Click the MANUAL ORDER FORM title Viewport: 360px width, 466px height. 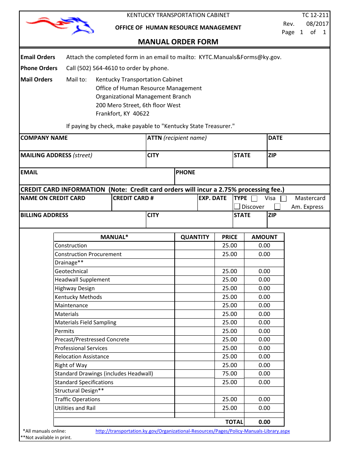point(178,42)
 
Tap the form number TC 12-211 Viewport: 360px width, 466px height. point(315,15)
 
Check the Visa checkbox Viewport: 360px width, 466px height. point(254,198)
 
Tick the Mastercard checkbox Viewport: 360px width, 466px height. point(283,198)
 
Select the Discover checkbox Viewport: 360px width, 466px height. point(237,206)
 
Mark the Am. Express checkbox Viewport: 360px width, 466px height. point(277,206)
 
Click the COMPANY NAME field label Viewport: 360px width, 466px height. point(44,138)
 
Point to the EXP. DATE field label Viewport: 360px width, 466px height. point(213,198)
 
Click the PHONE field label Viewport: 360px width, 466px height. point(185,172)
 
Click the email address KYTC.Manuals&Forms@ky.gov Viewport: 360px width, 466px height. point(240,57)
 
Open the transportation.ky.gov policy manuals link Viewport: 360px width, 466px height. point(193,431)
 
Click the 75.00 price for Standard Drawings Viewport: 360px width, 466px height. point(230,374)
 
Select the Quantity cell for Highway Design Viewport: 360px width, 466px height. point(194,288)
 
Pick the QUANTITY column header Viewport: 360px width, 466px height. point(195,237)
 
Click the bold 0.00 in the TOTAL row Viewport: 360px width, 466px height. point(264,422)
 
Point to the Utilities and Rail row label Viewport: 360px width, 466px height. point(75,408)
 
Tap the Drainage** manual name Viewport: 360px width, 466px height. point(69,263)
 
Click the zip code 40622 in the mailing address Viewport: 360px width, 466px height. point(141,114)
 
